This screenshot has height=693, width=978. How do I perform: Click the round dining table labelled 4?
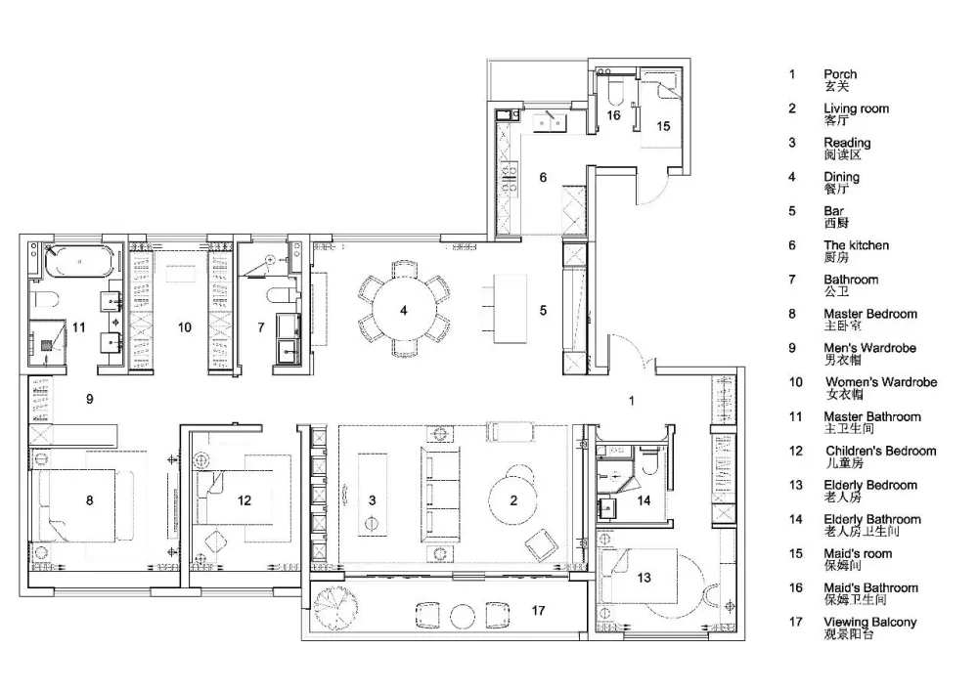(404, 309)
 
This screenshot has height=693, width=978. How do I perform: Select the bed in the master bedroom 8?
(78, 504)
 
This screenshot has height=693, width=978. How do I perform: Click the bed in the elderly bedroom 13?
(638, 576)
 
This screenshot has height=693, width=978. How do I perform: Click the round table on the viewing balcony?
(463, 616)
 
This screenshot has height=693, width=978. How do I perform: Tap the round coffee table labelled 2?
(513, 500)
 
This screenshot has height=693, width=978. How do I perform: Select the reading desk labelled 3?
(373, 495)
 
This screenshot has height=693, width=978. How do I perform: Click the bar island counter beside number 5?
(510, 309)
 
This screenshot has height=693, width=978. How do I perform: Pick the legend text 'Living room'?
(856, 108)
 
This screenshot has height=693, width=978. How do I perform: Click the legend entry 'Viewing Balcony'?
(870, 622)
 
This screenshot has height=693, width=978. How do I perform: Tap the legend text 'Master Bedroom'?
(870, 314)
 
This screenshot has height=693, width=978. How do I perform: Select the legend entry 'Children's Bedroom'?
(881, 451)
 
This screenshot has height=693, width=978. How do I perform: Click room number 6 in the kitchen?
(543, 178)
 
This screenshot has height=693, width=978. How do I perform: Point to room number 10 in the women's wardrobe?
(185, 327)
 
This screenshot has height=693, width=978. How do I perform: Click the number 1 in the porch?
(632, 401)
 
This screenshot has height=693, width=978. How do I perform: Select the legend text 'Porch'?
(840, 74)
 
